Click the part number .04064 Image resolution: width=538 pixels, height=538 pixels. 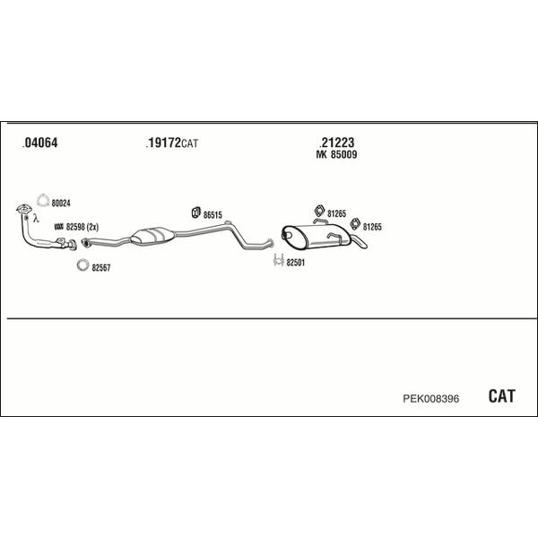pos(39,143)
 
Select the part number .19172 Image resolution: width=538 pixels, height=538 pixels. pos(163,143)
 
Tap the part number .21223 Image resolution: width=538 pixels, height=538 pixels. pos(336,143)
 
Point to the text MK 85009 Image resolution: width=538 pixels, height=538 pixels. pos(336,155)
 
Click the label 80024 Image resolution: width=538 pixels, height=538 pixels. pos(61,204)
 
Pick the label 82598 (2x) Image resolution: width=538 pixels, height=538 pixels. pos(82,227)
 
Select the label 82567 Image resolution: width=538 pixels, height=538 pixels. pos(101,267)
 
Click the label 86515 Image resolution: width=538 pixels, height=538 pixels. pos(213,215)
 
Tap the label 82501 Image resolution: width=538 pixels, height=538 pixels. pos(295,263)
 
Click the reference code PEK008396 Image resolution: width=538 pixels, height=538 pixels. pos(431,399)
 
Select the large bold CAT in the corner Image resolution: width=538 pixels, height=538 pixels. pos(501,396)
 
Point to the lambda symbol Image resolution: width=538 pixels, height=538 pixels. pos(36,218)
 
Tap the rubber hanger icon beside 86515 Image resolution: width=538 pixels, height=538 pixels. pos(195,213)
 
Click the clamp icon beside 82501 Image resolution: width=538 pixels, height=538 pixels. pos(278,260)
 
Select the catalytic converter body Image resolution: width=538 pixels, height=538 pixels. pos(152,236)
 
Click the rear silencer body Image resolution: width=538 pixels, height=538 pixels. pos(316,236)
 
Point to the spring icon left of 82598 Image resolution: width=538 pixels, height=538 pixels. pos(59,227)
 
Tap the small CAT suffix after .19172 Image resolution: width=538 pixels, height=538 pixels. pos(190,143)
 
